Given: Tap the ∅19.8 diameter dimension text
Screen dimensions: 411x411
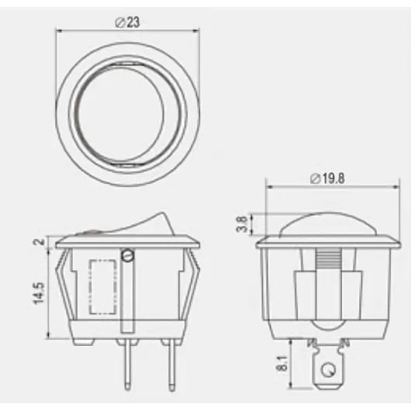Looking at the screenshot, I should (326, 179).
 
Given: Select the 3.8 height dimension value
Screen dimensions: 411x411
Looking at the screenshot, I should (241, 224).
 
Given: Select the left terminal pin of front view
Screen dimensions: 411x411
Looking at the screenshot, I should (125, 364).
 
